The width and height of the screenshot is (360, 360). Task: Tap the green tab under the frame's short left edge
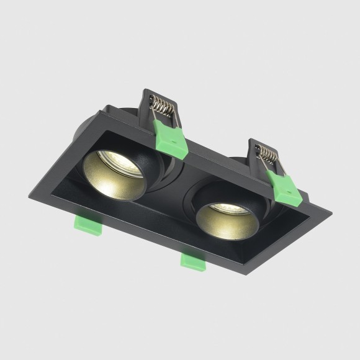[x=89, y=225]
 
